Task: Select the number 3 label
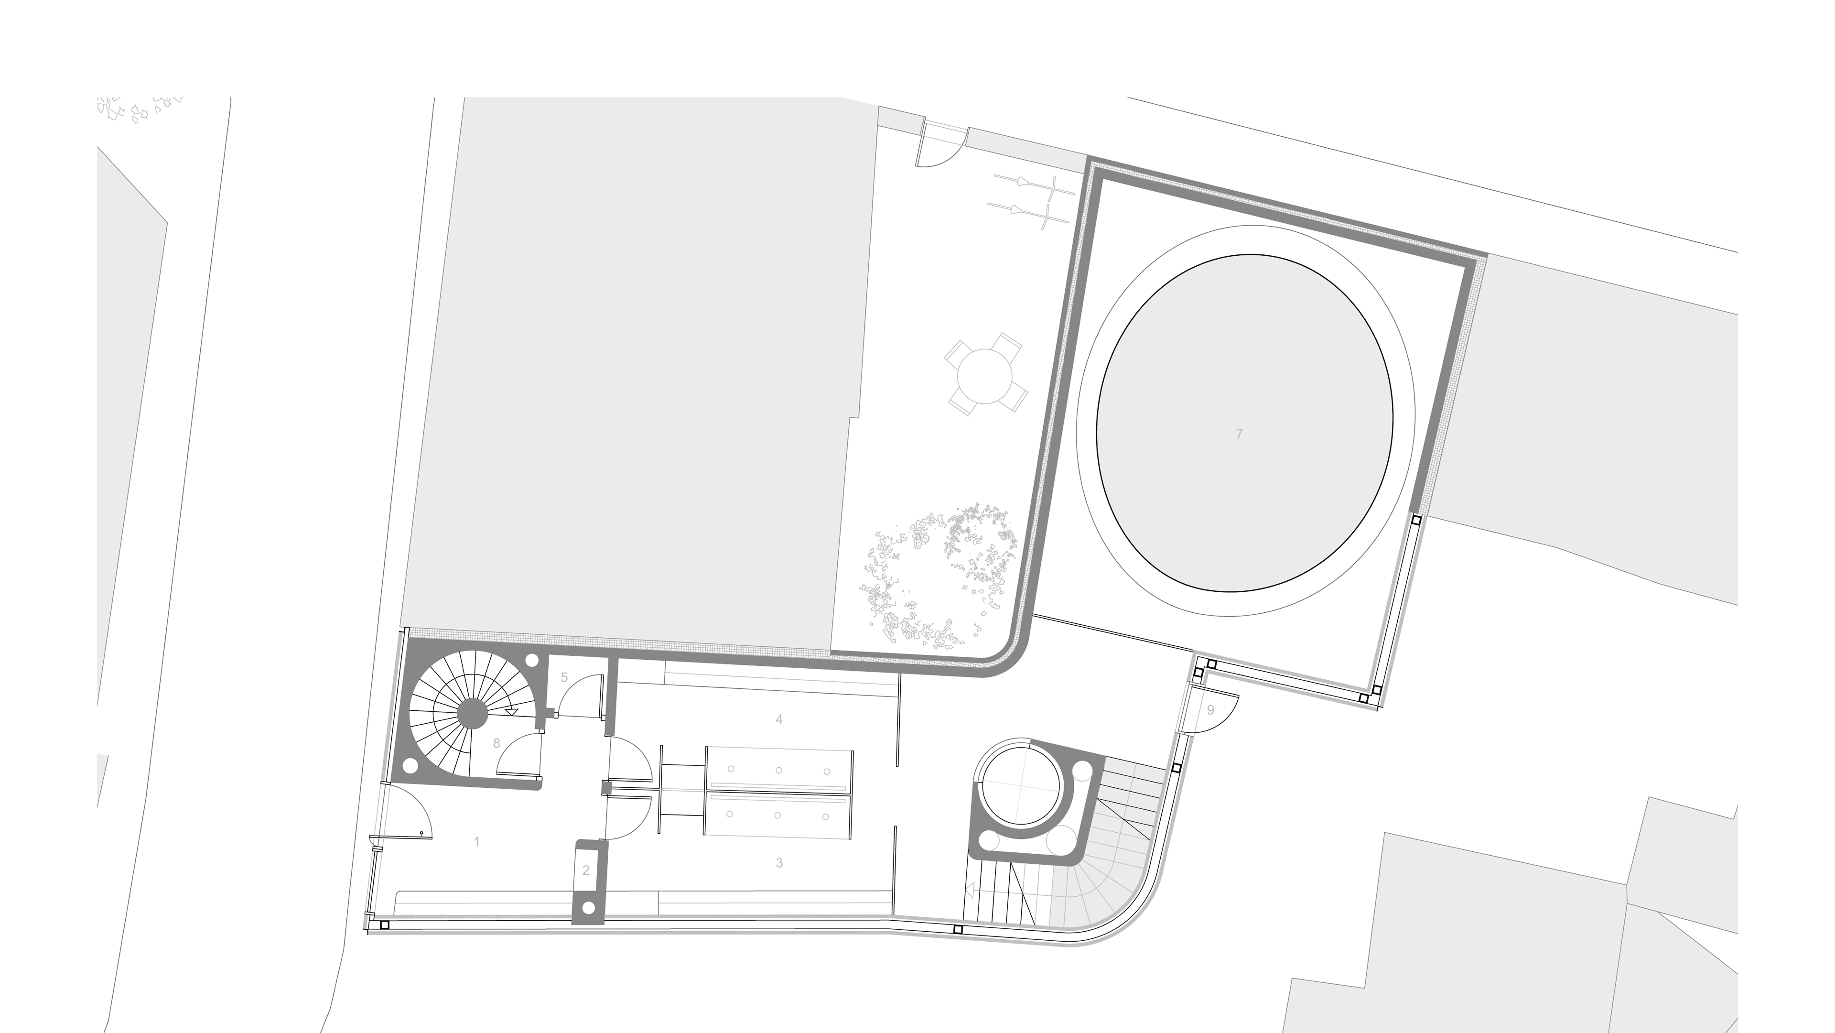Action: coord(779,863)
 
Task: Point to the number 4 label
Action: coord(779,719)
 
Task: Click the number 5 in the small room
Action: coord(564,677)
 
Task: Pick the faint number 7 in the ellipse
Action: coord(1240,433)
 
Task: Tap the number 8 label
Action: coord(497,743)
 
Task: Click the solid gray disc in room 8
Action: coord(472,712)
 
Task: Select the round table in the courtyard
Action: coord(985,375)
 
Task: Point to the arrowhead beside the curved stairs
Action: coord(970,890)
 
